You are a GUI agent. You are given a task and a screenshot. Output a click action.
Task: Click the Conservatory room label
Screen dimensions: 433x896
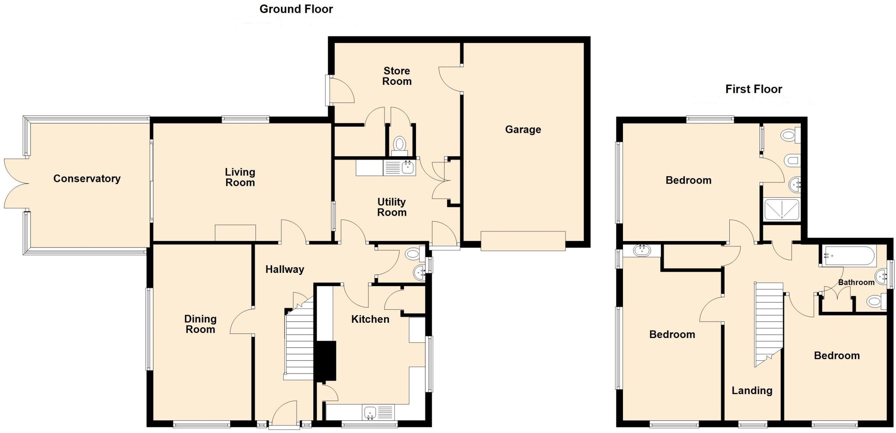(x=87, y=178)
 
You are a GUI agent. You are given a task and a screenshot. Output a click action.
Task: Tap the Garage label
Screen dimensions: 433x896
(x=523, y=129)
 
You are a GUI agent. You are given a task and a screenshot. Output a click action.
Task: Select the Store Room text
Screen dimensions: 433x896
(x=397, y=76)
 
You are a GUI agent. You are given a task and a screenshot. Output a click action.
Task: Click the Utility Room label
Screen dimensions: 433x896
(x=392, y=207)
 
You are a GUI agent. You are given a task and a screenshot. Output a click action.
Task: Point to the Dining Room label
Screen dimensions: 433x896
(x=200, y=324)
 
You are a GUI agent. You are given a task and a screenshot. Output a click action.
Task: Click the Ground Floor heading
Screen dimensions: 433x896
(x=296, y=9)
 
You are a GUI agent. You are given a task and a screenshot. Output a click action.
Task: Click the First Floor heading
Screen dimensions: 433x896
(x=753, y=89)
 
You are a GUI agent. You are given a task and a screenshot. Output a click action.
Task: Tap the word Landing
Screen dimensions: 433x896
(x=752, y=391)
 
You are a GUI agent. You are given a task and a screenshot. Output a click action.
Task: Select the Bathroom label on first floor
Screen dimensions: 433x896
(x=856, y=282)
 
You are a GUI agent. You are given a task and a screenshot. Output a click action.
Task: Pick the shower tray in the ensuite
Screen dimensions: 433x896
(x=781, y=210)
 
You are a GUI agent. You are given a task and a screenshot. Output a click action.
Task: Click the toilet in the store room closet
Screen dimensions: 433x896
(x=399, y=144)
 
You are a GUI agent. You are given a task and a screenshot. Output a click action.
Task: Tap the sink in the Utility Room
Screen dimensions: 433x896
(x=399, y=168)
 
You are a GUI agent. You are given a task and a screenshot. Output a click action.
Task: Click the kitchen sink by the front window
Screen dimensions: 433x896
(x=378, y=412)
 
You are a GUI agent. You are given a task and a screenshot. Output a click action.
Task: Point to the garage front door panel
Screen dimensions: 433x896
(x=523, y=241)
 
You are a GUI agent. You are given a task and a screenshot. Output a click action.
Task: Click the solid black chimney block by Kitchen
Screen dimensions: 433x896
(x=325, y=361)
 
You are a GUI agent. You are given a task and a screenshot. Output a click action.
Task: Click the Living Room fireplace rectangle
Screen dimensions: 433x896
(x=235, y=233)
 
